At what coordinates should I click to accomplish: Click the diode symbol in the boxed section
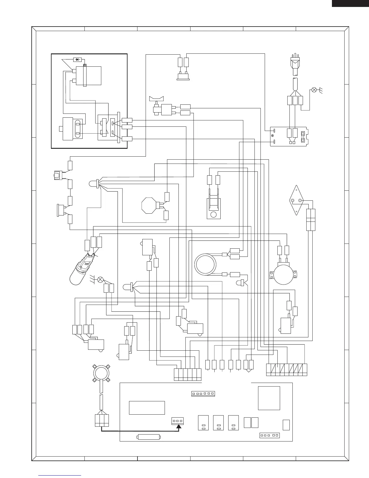[77, 59]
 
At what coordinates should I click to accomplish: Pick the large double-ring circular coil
[205, 264]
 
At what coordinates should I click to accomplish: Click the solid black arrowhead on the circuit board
[179, 426]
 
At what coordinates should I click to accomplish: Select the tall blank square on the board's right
[269, 398]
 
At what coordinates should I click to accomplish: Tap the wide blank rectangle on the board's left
[147, 408]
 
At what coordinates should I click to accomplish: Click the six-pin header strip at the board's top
[203, 394]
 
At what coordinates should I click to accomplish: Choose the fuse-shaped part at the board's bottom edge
[149, 437]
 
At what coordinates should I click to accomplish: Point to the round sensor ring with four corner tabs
[101, 373]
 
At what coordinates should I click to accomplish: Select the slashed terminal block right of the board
[286, 370]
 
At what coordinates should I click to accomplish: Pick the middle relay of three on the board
[218, 423]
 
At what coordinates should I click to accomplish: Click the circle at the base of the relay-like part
[214, 215]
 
